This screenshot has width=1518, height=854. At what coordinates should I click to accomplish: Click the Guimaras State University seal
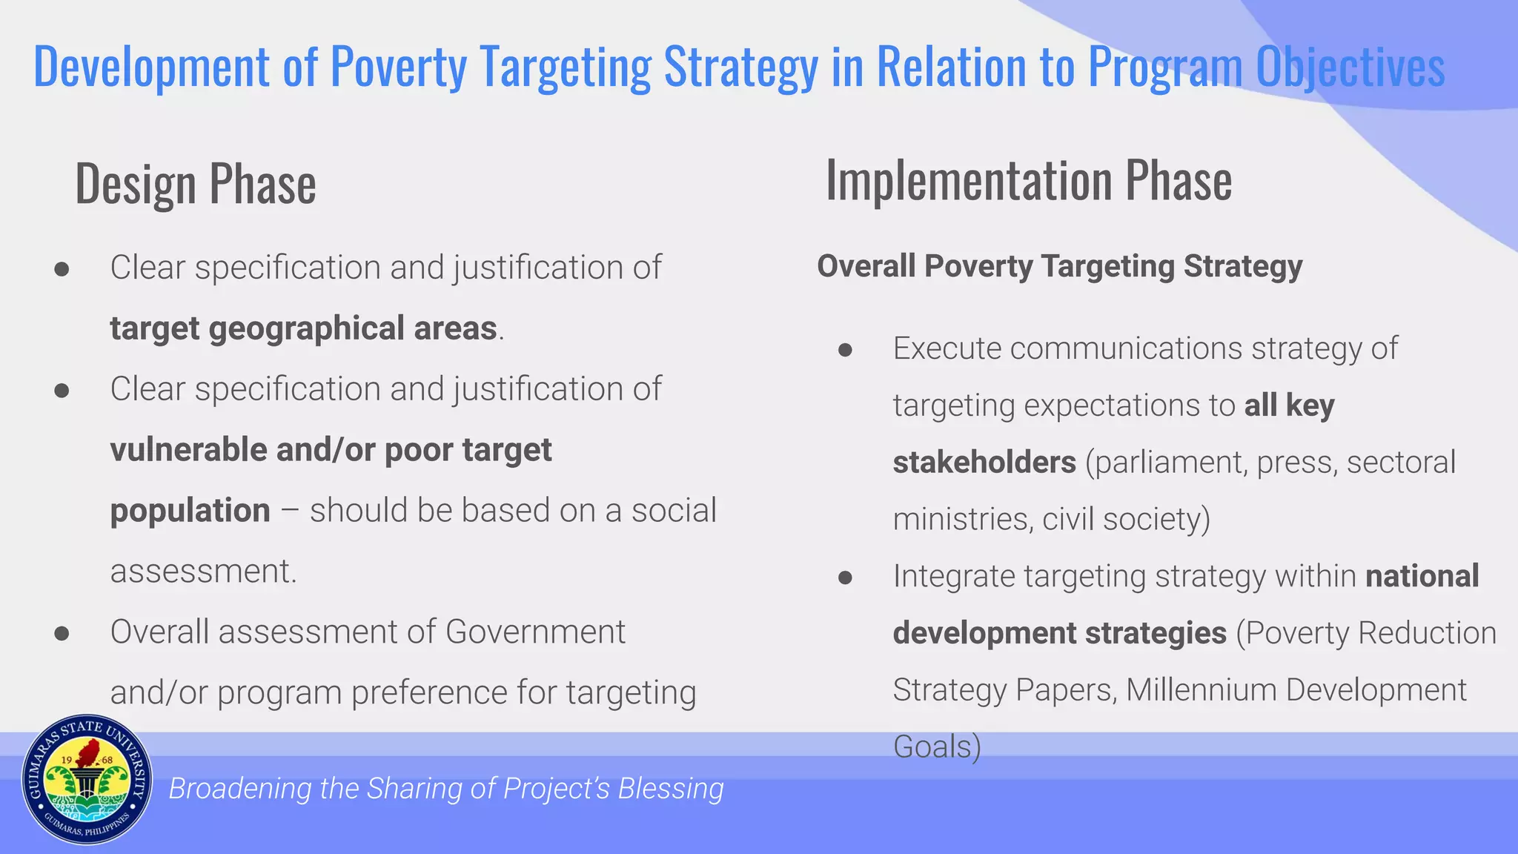click(87, 780)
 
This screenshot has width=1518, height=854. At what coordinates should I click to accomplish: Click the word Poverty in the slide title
click(399, 67)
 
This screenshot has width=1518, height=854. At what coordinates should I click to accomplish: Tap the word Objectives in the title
click(1350, 67)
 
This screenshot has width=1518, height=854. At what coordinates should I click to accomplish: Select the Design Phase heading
click(196, 184)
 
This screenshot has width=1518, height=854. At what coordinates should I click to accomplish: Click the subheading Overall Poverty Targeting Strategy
click(1059, 266)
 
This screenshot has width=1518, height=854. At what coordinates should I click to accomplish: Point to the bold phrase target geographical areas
click(303, 328)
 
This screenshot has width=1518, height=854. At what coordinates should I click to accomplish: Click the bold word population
click(190, 511)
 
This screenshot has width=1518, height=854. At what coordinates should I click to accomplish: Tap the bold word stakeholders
click(984, 463)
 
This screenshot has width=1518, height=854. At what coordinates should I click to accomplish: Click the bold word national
click(1422, 576)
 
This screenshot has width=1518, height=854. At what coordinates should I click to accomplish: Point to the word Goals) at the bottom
click(937, 747)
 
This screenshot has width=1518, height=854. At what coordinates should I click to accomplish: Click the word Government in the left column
click(535, 632)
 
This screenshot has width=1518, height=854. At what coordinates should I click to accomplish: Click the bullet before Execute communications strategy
click(845, 350)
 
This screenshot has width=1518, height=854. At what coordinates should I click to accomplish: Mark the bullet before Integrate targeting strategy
click(845, 577)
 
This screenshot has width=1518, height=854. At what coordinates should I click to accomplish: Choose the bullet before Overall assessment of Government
click(62, 634)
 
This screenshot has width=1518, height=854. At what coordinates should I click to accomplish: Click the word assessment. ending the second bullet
click(203, 572)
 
